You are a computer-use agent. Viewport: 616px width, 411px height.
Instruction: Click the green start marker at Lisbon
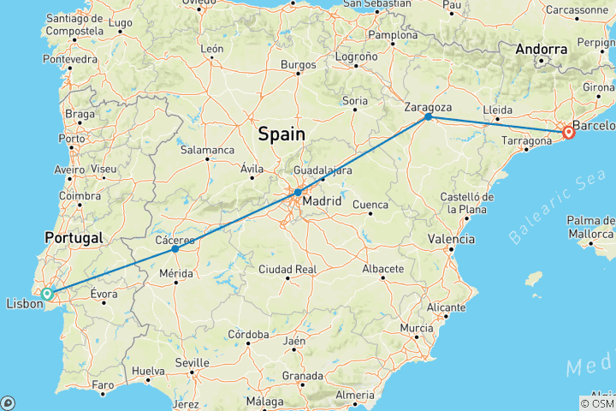47,294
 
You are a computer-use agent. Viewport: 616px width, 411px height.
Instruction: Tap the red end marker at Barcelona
568,133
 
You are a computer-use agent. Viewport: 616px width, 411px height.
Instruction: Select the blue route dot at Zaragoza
428,116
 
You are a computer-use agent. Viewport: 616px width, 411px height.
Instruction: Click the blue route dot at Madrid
297,193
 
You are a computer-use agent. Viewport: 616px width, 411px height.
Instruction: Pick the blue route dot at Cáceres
175,249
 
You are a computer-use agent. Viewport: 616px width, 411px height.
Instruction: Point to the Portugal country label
75,237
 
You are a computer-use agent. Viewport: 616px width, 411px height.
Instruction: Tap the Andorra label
541,50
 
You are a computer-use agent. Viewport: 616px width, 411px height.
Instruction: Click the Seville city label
192,361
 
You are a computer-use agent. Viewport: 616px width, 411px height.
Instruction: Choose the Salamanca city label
207,150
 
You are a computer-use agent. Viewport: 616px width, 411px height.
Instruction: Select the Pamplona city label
393,36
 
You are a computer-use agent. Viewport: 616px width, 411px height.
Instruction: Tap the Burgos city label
299,64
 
